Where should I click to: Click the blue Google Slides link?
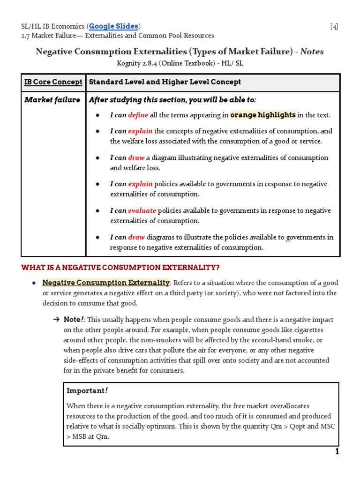click(114, 26)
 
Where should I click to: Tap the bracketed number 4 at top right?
click(334, 27)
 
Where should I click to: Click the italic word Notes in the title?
click(312, 52)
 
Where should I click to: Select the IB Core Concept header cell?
click(53, 82)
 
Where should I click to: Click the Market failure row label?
click(52, 100)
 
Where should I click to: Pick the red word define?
click(138, 115)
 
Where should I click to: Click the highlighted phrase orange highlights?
click(263, 115)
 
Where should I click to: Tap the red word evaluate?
click(142, 210)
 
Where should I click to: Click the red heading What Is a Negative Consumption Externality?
click(120, 268)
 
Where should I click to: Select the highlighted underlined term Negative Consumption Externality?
click(106, 283)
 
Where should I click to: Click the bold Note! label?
click(74, 320)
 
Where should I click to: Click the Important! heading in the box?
click(87, 390)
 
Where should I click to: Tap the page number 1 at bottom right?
click(337, 452)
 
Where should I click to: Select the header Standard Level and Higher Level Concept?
click(165, 82)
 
